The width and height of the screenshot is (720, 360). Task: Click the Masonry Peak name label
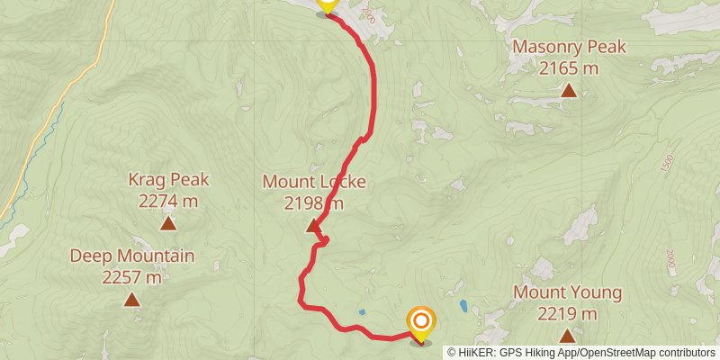click(568, 48)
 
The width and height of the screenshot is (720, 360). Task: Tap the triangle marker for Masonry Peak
click(569, 90)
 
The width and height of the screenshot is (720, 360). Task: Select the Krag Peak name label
click(168, 180)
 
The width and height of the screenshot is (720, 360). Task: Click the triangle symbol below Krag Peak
click(168, 223)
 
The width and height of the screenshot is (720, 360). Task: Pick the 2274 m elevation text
click(168, 200)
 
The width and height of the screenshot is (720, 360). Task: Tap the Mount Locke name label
click(314, 182)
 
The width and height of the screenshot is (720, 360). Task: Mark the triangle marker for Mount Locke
click(313, 226)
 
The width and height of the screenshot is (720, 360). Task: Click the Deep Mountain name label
click(132, 256)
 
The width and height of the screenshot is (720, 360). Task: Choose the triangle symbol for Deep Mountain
click(132, 300)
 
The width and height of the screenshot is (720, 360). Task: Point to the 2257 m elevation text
click(132, 276)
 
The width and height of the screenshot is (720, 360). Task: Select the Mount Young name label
click(567, 293)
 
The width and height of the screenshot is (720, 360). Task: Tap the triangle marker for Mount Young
click(567, 337)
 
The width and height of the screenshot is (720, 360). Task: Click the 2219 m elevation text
click(567, 313)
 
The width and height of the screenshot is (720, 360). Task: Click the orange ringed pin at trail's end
click(420, 321)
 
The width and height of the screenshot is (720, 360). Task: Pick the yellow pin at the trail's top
click(326, 4)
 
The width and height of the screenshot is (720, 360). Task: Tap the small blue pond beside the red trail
click(362, 312)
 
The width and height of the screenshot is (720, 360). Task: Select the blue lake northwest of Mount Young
click(463, 305)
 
